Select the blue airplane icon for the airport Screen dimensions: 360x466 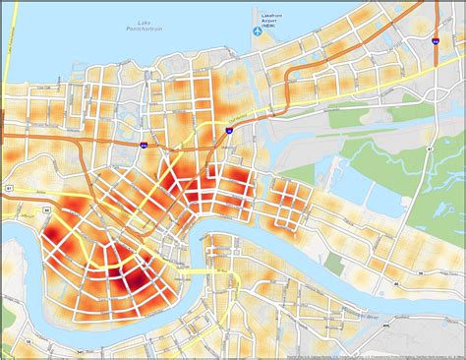257,30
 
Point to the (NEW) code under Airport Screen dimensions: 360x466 272,29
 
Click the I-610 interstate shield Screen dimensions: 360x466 143,145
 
